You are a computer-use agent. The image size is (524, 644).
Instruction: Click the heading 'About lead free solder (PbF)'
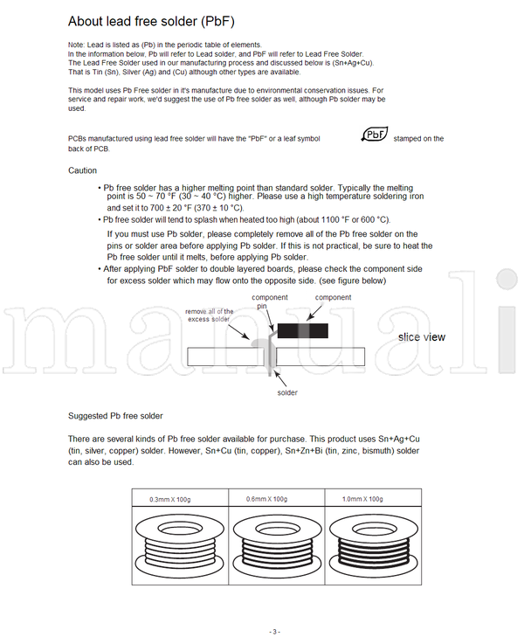pos(151,20)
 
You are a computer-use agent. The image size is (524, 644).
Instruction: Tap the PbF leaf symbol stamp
pos(375,135)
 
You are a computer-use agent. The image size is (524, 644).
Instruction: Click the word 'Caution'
pos(82,170)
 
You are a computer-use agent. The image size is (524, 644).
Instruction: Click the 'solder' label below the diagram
pos(287,393)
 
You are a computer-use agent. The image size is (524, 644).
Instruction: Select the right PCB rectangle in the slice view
pos(323,357)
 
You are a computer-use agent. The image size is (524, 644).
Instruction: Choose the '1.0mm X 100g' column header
pos(362,499)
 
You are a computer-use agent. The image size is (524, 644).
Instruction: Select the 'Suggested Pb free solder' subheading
pos(115,415)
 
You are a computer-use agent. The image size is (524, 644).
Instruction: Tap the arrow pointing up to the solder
pos(279,377)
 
